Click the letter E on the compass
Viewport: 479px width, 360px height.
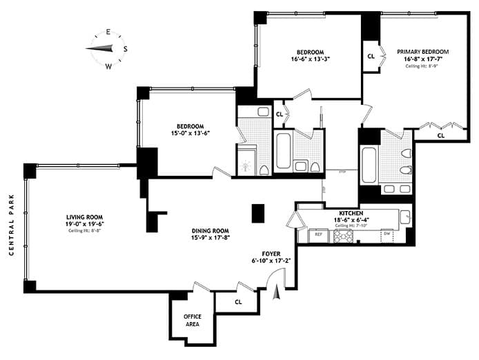pyautogui.click(x=108, y=32)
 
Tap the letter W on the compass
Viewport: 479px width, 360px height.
pyautogui.click(x=108, y=67)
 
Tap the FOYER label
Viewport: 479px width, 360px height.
pyautogui.click(x=270, y=253)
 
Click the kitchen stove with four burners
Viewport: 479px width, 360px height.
pyautogui.click(x=343, y=236)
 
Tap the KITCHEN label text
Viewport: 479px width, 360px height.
pyautogui.click(x=351, y=214)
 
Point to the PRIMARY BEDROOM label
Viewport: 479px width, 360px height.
pyautogui.click(x=422, y=52)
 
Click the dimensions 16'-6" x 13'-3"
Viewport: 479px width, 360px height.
pyautogui.click(x=310, y=59)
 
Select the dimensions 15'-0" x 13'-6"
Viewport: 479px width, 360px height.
pyautogui.click(x=190, y=134)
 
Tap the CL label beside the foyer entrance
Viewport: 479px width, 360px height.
pyautogui.click(x=237, y=301)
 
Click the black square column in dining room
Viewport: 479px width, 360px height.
pyautogui.click(x=258, y=213)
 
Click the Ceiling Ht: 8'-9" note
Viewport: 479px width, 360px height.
pyautogui.click(x=422, y=67)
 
